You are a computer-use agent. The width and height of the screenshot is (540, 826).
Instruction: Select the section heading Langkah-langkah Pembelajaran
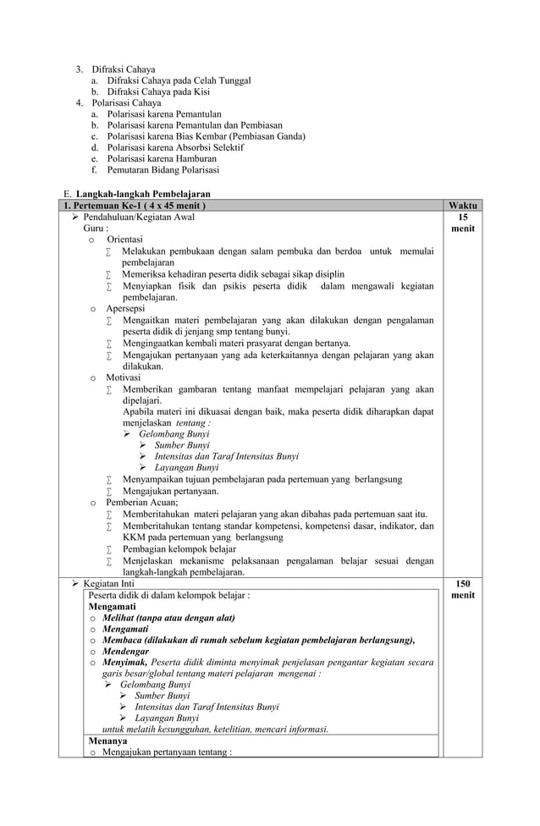coord(143,195)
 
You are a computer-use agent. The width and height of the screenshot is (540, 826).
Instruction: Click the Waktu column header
coord(463,206)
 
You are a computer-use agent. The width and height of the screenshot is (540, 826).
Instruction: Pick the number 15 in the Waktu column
coord(463,218)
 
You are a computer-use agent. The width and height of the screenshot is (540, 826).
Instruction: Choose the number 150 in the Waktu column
coord(463,584)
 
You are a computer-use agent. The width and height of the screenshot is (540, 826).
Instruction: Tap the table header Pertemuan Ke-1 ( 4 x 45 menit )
coord(135,206)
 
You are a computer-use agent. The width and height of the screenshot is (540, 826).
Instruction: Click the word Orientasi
coord(124,240)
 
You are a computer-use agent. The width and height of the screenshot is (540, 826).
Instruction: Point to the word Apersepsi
coord(125,309)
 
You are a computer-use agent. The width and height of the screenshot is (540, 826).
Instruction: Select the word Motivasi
coord(124,377)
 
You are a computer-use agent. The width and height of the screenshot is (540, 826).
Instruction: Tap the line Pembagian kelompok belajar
coord(179,548)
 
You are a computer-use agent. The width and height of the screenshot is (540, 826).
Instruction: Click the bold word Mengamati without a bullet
coord(112,607)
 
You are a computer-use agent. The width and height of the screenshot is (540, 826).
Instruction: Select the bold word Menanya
coord(107,741)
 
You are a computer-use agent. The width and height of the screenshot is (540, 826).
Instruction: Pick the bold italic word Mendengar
coord(125,652)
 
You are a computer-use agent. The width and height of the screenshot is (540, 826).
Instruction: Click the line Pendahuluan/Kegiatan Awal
coord(139,218)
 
